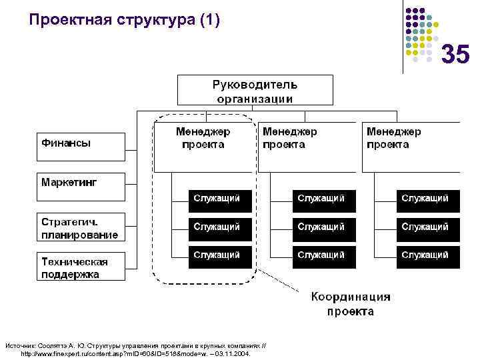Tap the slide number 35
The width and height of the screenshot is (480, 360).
tap(455, 55)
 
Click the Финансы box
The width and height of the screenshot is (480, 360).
tap(80, 146)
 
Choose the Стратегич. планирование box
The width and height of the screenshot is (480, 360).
tap(80, 227)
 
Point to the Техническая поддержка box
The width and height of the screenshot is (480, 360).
tap(80, 267)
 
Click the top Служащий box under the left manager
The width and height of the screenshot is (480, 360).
tap(220, 199)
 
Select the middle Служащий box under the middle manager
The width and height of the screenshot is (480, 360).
tap(324, 227)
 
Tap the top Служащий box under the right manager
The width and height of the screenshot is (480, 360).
tap(428, 199)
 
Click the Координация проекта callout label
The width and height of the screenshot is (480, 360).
tap(351, 304)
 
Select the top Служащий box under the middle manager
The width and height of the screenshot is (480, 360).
tap(324, 199)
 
